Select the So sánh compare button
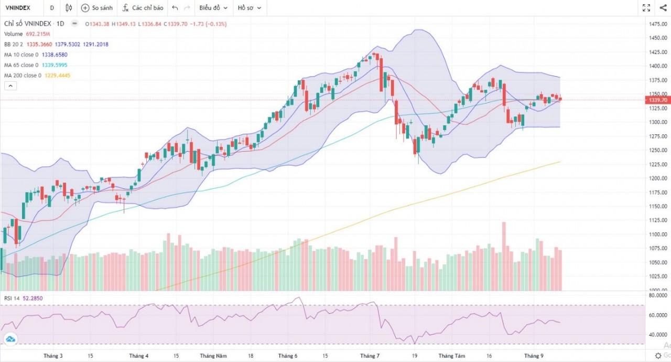(x=97, y=8)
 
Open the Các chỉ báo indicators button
(x=142, y=8)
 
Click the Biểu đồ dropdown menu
(x=213, y=8)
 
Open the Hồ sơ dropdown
(x=249, y=8)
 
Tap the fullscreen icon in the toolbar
(x=646, y=8)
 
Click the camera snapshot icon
(x=662, y=8)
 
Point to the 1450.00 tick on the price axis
(x=657, y=38)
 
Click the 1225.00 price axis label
(x=657, y=164)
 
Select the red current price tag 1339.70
(x=657, y=100)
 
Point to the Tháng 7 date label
(x=370, y=356)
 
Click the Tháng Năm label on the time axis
(x=213, y=356)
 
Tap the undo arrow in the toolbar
(x=175, y=8)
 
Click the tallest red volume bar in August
(x=504, y=256)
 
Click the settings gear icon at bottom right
(x=658, y=356)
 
